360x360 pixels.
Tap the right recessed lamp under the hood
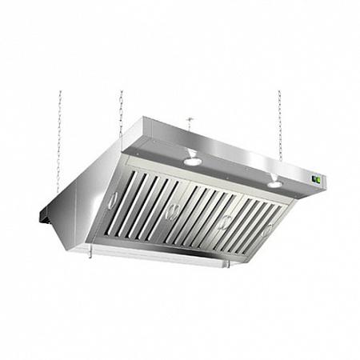pos(274,184)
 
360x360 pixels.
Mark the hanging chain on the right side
pos(279,120)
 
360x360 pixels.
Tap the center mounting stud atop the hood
pos(190,123)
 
